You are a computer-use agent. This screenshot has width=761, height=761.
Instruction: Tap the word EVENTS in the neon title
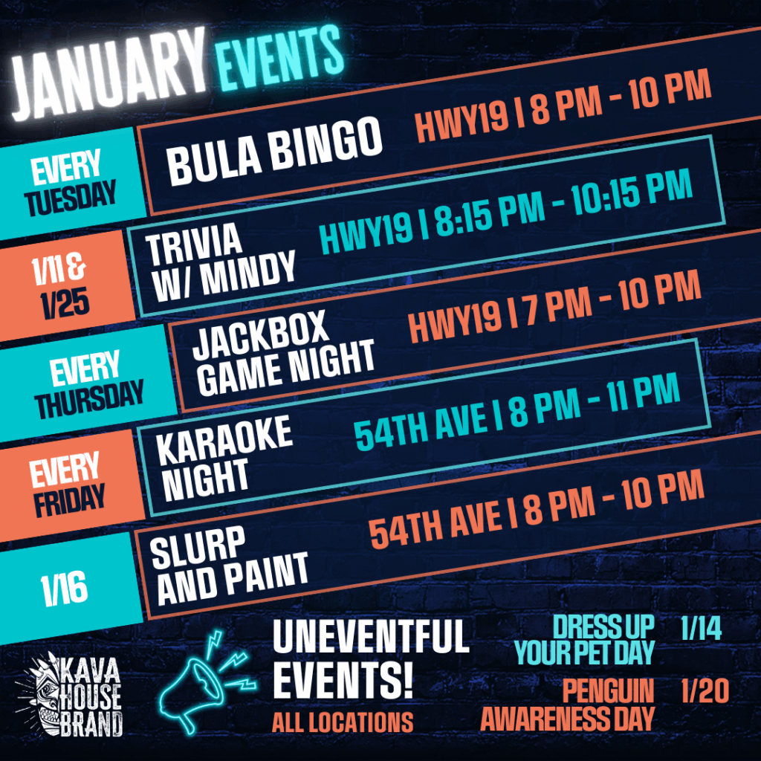(x=279, y=57)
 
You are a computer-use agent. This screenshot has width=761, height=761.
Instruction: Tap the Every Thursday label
(x=89, y=384)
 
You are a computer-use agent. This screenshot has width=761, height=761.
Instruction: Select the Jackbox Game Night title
(x=283, y=354)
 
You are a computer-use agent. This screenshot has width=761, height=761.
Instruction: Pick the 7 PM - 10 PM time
(x=614, y=302)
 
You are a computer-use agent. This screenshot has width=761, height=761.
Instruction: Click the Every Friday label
(x=67, y=485)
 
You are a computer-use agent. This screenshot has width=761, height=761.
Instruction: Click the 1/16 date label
(x=64, y=589)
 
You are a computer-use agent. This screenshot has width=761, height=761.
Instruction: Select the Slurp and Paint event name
(x=229, y=565)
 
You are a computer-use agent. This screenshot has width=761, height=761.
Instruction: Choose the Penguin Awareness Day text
(x=568, y=705)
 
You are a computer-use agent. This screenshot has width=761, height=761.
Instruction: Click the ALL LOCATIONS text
(x=343, y=722)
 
